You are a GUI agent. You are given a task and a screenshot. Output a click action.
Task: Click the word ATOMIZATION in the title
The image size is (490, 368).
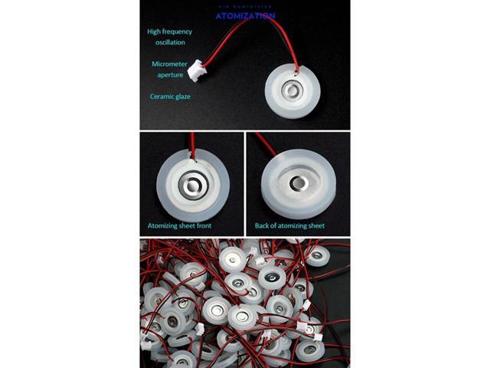point(244,15)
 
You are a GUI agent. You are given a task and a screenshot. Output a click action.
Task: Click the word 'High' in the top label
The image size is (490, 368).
point(155,32)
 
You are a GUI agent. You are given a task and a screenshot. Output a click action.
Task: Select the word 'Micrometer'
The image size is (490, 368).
point(169,64)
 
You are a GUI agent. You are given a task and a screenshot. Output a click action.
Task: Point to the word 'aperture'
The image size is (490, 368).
point(170,75)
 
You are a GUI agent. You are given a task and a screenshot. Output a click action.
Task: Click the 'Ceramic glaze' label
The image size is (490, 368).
point(169,97)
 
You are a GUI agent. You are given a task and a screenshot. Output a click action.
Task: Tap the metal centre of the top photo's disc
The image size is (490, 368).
point(292,92)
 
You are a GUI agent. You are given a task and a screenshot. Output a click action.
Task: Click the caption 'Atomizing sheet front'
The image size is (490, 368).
point(179,226)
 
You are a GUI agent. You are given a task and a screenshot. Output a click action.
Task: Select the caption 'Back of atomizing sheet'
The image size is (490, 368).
point(289,226)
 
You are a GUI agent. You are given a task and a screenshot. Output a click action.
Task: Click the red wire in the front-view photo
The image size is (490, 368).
point(192,143)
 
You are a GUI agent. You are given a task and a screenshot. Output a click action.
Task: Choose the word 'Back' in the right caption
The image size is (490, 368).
point(263,226)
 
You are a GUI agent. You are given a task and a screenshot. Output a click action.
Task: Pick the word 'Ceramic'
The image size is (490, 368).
point(160,97)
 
